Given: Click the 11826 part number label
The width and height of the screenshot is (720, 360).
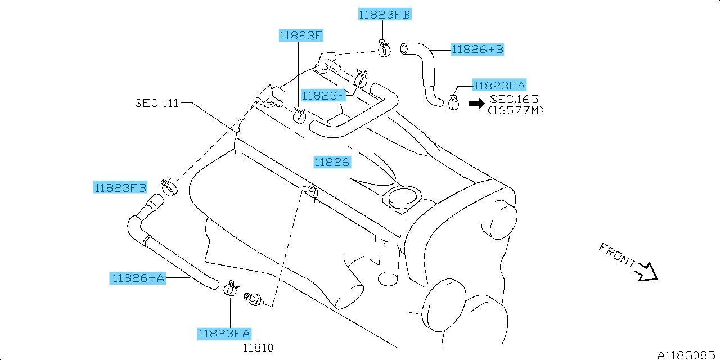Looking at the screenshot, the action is pos(332,162).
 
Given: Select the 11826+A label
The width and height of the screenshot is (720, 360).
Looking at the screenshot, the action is pos(138,278).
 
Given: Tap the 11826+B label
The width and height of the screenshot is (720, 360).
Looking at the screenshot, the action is pos(478,49).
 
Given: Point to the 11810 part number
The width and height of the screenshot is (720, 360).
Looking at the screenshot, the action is pos(258,348).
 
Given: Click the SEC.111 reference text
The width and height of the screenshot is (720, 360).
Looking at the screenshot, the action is pos(156,103).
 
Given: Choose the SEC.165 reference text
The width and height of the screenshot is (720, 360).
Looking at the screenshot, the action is pos(514,99).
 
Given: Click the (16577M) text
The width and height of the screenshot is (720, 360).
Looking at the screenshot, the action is pos(516,111).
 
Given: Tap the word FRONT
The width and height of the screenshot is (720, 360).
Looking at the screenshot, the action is pos(617,255).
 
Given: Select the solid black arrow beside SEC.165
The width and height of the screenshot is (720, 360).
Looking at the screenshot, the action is pos(476,103).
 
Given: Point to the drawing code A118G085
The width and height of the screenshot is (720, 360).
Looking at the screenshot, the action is pos(685,354).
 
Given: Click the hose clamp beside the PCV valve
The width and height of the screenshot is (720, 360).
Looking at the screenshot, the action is pos(231,289).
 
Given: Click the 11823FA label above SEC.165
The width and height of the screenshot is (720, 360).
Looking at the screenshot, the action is pos(499,85).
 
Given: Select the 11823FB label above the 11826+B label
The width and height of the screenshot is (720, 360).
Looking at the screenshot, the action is pos(385,15).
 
